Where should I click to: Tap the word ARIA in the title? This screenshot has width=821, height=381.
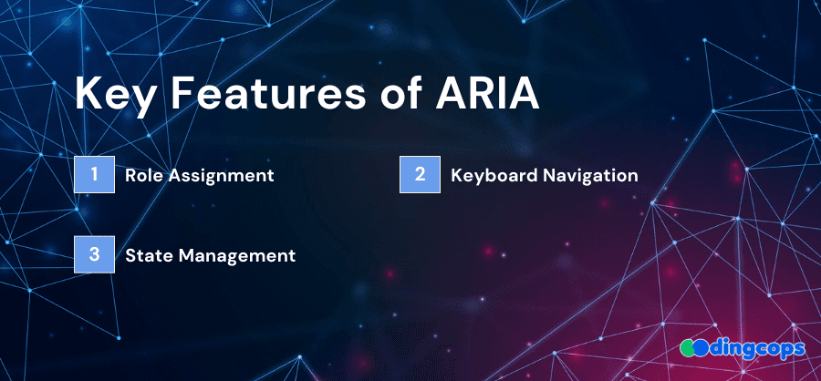coord(485,93)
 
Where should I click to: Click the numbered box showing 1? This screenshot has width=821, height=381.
coord(94,174)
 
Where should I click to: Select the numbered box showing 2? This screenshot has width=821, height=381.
coord(420,174)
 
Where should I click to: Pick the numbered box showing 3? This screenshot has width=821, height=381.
coord(94,254)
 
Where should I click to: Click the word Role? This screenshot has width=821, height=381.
coord(144,175)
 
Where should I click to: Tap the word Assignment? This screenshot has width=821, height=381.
coord(221,176)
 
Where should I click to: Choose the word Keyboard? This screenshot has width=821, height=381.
coord(494,176)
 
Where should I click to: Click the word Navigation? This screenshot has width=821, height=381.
coord(590,176)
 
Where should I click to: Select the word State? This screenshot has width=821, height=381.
coord(150,255)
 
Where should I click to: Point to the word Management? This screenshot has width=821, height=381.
coord(236,256)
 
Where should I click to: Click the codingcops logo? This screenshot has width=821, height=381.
coord(742,348)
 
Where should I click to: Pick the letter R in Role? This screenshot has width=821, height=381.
coord(130,175)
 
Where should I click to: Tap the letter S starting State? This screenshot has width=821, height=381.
coord(130,256)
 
